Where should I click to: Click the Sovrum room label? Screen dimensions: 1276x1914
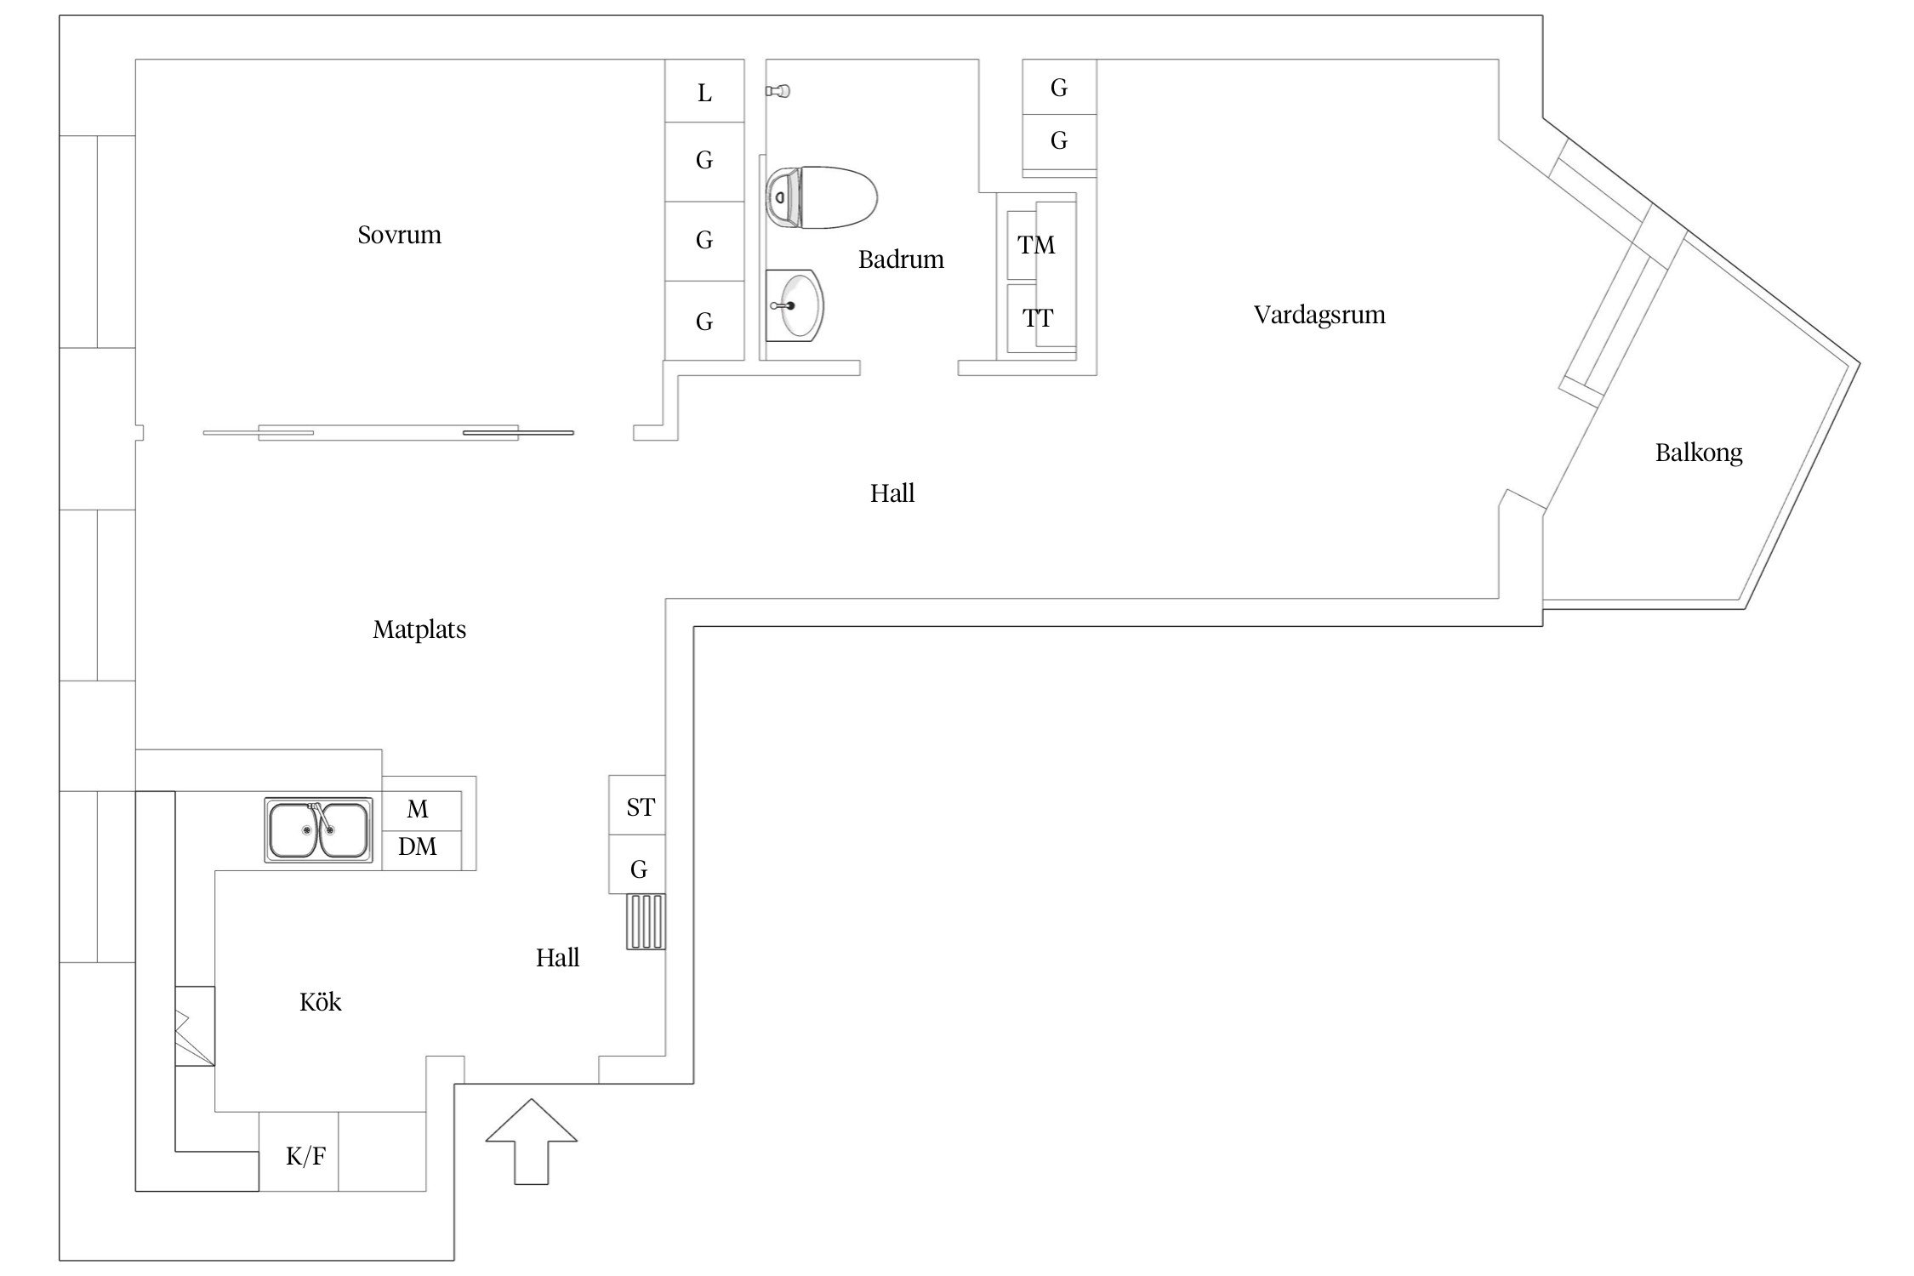click(399, 235)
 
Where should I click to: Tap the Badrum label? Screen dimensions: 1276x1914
click(901, 259)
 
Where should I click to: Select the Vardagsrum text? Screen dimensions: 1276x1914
click(1319, 315)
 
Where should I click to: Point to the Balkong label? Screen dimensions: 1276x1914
click(1698, 453)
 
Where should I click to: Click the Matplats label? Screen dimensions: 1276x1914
click(419, 629)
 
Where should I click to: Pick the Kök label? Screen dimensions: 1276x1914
click(320, 1002)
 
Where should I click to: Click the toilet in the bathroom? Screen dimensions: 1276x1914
click(821, 197)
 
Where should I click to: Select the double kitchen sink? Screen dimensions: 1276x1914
click(318, 830)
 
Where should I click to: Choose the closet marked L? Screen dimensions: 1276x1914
click(704, 92)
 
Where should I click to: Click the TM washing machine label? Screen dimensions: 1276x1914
click(1036, 245)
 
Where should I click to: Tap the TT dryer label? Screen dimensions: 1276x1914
click(1038, 318)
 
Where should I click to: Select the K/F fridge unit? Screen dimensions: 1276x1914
click(305, 1156)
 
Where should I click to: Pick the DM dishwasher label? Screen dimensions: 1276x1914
click(418, 847)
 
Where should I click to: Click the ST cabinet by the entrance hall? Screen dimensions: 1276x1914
click(639, 806)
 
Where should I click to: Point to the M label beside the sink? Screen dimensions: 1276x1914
click(418, 809)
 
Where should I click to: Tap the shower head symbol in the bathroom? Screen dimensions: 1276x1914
click(778, 91)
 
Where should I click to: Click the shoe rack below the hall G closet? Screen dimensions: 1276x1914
click(647, 921)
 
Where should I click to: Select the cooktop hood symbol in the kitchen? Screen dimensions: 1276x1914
click(195, 1025)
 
